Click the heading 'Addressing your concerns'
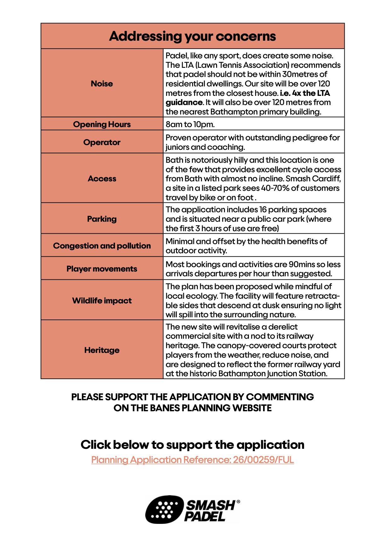tap(192, 36)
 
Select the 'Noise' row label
tap(102, 84)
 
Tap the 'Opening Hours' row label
tap(102, 124)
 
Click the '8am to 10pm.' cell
tap(190, 124)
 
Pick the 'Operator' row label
tap(102, 142)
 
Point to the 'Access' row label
tap(102, 179)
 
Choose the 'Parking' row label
tap(102, 219)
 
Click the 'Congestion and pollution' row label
tap(102, 246)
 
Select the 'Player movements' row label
tap(102, 269)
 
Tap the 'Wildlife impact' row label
tap(102, 301)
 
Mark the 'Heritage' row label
tap(102, 350)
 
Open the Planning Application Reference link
tap(192, 460)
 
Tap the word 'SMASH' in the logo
tap(210, 505)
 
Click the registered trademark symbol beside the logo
tap(238, 501)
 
